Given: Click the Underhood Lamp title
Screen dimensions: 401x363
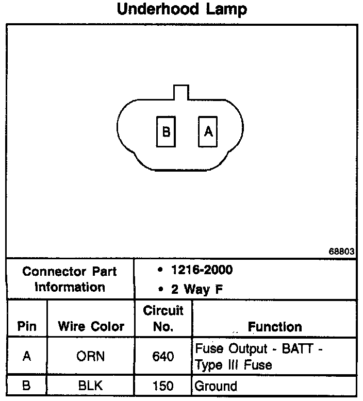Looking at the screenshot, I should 182,10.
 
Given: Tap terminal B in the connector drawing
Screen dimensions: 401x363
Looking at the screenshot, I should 166,132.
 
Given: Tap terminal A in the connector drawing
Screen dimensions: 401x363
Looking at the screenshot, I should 208,131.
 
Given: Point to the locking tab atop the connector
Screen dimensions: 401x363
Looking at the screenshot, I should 180,92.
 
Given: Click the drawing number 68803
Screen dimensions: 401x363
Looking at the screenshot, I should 341,252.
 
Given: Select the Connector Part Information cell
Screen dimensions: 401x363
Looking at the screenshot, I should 70,279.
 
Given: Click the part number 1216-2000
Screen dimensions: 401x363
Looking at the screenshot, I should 201,270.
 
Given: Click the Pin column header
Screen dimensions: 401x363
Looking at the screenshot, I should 27,326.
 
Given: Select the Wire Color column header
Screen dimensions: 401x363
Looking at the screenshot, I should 91,326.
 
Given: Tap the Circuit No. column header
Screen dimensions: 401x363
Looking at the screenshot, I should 163,319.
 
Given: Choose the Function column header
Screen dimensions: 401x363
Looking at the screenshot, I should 275,326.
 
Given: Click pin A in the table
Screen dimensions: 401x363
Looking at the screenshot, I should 27,356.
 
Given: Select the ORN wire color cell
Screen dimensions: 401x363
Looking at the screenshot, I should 91,356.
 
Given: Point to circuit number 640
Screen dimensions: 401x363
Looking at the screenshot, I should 163,356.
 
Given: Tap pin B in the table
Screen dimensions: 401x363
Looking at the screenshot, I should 27,386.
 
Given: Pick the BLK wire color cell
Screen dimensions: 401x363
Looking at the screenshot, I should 91,386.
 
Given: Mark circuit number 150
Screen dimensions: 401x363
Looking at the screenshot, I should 163,386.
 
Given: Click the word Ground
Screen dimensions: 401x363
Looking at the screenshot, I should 216,386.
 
